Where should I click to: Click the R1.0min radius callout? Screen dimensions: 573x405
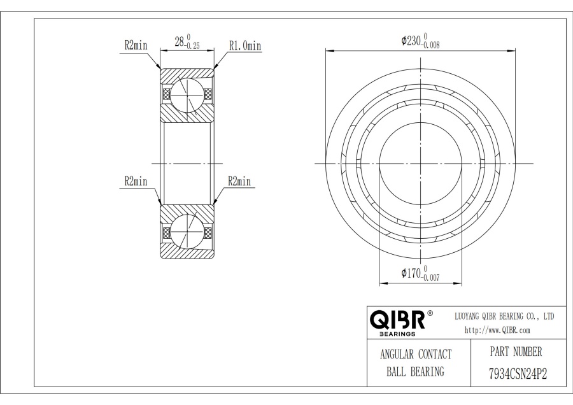click(245, 46)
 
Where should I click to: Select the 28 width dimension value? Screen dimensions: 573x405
click(179, 42)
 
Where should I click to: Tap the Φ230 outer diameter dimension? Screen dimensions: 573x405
click(420, 41)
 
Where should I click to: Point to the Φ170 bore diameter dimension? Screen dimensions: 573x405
click(420, 273)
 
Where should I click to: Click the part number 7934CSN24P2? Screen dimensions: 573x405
click(518, 374)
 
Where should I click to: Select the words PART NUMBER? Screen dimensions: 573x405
click(516, 352)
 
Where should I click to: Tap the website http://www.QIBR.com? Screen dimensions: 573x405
click(497, 330)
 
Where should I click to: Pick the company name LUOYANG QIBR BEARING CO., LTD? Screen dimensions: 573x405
click(504, 316)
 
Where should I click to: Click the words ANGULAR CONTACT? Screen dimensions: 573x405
click(416, 354)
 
